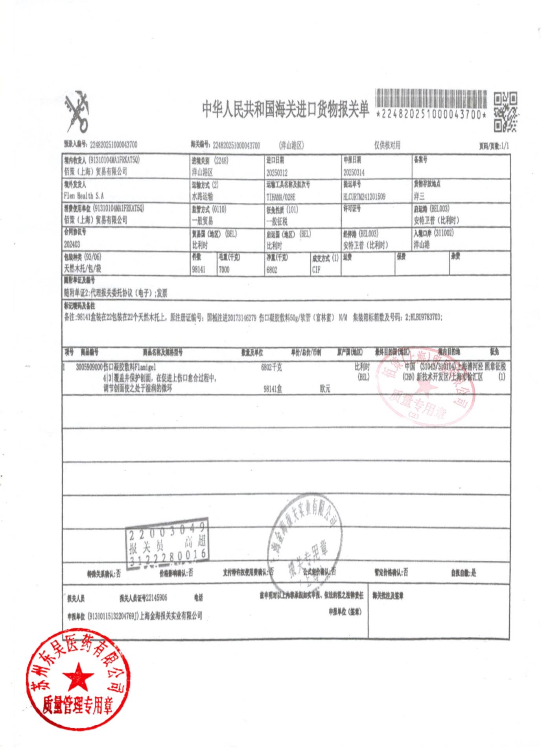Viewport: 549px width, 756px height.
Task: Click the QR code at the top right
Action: tap(505, 111)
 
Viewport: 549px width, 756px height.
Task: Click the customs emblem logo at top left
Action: tap(77, 111)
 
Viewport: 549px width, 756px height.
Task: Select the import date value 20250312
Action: tap(276, 173)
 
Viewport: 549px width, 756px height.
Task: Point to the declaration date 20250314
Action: tap(354, 173)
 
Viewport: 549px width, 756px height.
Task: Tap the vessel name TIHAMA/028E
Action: tap(280, 196)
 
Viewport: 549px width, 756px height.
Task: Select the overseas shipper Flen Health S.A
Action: tap(84, 196)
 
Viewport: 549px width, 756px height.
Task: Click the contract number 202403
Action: tap(72, 245)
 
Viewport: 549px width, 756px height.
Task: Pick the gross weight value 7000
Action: tap(224, 270)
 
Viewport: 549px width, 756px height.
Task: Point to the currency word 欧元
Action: tap(325, 389)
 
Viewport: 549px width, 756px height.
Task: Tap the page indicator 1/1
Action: tap(505, 146)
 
